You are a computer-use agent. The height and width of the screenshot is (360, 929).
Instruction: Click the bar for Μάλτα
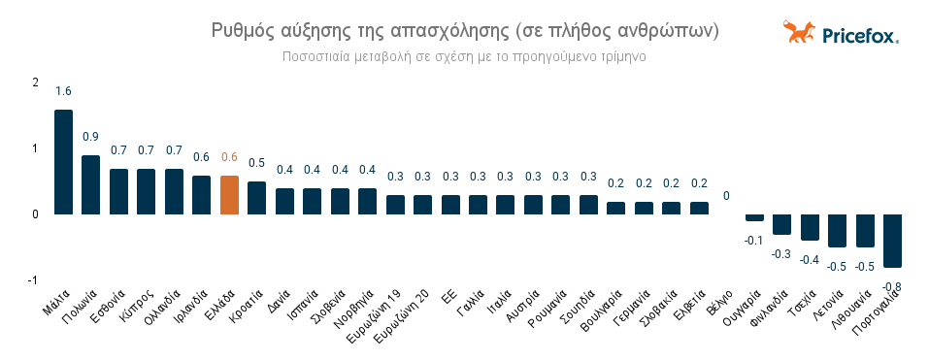tap(63, 162)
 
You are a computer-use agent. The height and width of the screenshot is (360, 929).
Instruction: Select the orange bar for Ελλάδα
tap(229, 195)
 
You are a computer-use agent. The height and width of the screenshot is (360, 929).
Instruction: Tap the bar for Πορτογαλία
tap(892, 241)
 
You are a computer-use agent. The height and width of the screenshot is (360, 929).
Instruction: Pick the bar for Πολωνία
tap(90, 184)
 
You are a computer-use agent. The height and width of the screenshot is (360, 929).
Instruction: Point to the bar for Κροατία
tap(256, 198)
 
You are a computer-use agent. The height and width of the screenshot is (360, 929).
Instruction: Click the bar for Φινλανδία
tap(781, 224)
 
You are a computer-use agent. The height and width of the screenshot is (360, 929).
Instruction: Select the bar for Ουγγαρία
tap(754, 218)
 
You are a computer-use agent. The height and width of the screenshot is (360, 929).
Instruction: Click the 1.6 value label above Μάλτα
tap(63, 91)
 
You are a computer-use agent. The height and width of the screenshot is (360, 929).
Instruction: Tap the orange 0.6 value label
tap(229, 157)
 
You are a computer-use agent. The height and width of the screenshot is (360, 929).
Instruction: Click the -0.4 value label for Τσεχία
tap(810, 258)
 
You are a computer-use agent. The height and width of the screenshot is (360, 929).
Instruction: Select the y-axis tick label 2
tap(35, 82)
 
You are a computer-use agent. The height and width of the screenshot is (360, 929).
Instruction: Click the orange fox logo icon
tap(799, 33)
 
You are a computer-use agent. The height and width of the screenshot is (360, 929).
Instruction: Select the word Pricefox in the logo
tap(859, 36)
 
